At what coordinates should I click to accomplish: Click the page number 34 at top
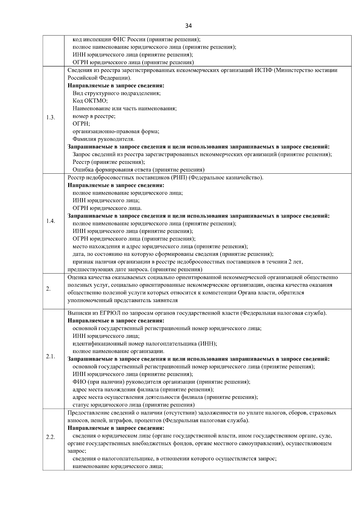(188, 26)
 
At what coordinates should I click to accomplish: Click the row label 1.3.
(50, 118)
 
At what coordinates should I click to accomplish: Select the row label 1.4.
(50, 221)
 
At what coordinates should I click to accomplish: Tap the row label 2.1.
(50, 356)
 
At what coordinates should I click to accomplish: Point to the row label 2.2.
(50, 437)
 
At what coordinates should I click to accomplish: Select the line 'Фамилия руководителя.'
(103, 139)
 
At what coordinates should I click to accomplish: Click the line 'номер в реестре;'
(94, 116)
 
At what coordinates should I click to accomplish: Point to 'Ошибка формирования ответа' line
(139, 170)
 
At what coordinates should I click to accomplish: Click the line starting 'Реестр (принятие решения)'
(109, 162)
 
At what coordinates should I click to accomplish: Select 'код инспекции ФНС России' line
(136, 39)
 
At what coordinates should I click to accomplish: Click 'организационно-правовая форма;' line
(116, 131)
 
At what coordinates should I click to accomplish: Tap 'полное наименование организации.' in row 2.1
(118, 351)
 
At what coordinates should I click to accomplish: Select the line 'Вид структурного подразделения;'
(116, 93)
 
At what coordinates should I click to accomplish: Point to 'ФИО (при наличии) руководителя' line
(161, 382)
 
